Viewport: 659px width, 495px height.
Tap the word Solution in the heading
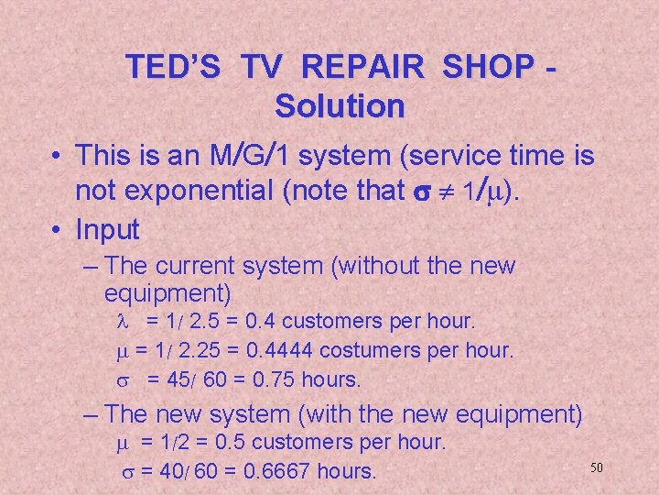click(x=339, y=106)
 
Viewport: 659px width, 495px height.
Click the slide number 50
click(x=596, y=467)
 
